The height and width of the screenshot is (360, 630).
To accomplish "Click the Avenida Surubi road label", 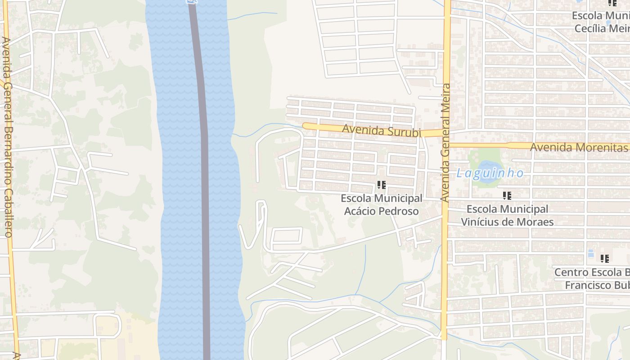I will click(x=381, y=130).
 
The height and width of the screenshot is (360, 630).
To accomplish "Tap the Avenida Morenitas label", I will click(x=579, y=147).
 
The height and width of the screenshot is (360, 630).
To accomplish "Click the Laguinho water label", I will click(x=490, y=173).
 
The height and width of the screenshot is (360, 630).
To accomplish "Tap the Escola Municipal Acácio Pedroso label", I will click(x=381, y=204).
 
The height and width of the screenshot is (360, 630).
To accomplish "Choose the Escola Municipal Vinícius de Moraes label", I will click(x=507, y=215).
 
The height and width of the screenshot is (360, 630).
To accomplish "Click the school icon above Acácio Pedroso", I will click(x=382, y=184).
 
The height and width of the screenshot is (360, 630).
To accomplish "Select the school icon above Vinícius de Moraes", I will click(x=507, y=195).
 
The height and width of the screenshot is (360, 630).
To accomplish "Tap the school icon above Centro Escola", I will click(x=604, y=258).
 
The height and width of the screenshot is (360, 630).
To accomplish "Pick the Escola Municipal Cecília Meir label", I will click(x=601, y=22).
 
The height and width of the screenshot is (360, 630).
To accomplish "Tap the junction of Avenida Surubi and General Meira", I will click(x=446, y=133).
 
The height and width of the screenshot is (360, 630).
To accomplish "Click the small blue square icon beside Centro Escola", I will click(x=590, y=254).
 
